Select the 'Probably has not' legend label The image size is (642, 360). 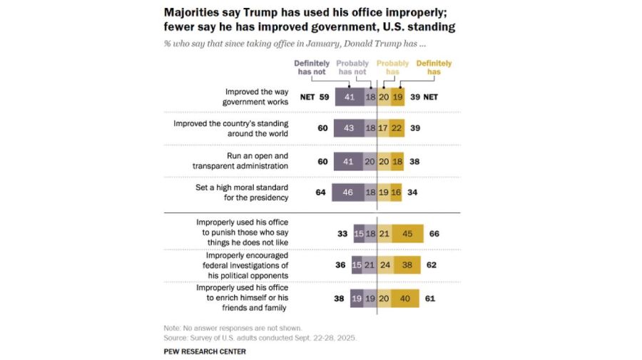click(352, 67)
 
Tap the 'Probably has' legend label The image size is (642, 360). click(392, 67)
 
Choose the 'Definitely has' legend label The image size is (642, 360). click(434, 67)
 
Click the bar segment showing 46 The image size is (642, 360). click(348, 192)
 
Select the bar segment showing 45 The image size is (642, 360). click(407, 232)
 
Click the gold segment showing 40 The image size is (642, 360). click(405, 297)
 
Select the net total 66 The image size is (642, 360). click(434, 232)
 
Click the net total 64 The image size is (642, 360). click(321, 192)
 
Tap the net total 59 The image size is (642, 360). click(324, 97)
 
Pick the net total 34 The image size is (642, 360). click(413, 192)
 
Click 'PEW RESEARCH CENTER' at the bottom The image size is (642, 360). click(205, 351)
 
